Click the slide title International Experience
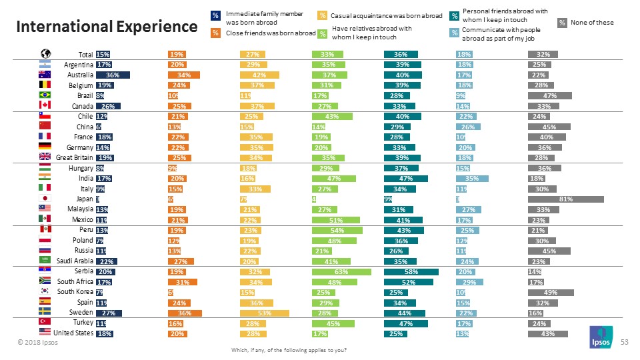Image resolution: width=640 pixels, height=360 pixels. pos(107,27)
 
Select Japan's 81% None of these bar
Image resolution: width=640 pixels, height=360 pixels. pos(565,199)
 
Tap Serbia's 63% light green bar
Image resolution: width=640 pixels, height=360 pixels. pos(341,272)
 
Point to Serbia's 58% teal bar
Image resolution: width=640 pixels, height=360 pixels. pos(411,272)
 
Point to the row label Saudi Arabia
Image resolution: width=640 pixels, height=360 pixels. pos(75,261)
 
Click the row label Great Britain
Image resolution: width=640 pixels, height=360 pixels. pos(74,157)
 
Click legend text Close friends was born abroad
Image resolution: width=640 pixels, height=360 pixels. pos(270,33)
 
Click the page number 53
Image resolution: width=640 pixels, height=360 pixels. pos(625,341)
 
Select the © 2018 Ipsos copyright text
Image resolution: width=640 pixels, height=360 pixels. pos(37,343)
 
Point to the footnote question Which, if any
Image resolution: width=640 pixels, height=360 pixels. pos(288,350)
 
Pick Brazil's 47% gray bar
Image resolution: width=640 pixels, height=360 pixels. pos(549,95)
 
